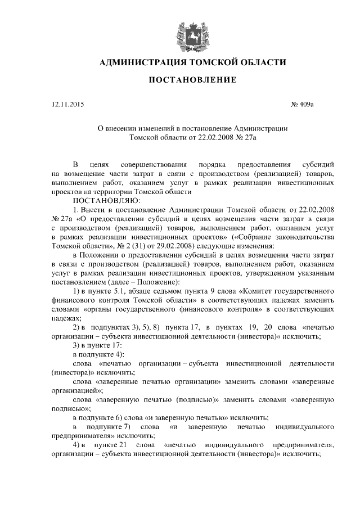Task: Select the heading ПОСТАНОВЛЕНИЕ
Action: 192,82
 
